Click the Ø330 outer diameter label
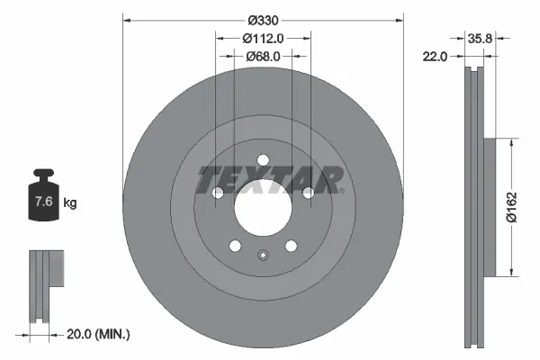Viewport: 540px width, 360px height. click(x=262, y=20)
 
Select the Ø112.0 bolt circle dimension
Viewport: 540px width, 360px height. click(x=263, y=38)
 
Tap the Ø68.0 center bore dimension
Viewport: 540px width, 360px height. click(x=263, y=56)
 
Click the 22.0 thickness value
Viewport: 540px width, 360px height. click(x=436, y=56)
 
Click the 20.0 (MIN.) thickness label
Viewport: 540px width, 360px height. click(x=100, y=334)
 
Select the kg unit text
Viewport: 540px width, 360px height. click(x=70, y=203)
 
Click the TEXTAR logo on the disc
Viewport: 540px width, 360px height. click(x=269, y=179)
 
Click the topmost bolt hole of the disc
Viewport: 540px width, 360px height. click(x=263, y=161)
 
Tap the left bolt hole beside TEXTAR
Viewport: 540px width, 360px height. click(x=217, y=193)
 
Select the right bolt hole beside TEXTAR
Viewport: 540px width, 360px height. click(x=308, y=193)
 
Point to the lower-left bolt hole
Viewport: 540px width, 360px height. click(x=235, y=247)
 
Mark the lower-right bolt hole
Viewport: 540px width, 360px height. click(x=291, y=247)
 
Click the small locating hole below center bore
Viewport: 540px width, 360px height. click(x=262, y=256)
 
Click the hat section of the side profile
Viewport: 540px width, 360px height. click(x=490, y=207)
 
